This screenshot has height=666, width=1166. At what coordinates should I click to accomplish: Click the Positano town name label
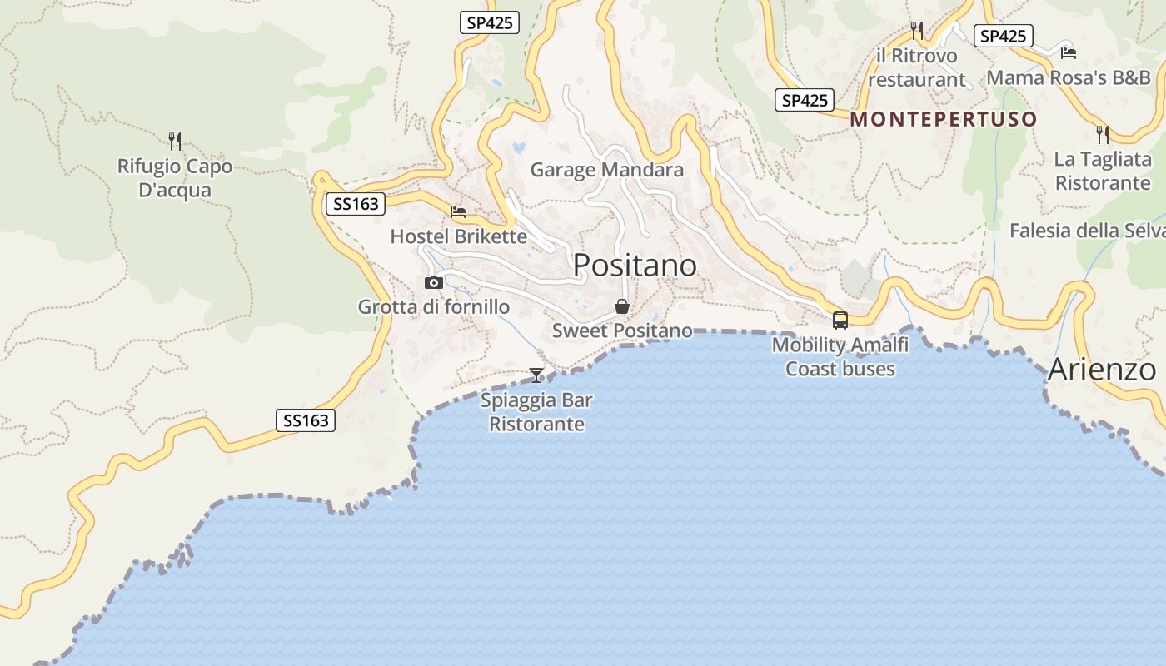pos(635,265)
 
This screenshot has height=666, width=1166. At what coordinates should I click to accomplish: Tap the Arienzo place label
pos(1101,370)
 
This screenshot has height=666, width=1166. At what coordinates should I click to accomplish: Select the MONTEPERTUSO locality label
pos(944,119)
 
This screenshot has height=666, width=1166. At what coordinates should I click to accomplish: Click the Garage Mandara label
pos(606,170)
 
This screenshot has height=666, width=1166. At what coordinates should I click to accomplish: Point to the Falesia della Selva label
pos(1086,231)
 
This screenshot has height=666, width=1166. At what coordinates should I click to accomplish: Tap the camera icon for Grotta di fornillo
pos(433,283)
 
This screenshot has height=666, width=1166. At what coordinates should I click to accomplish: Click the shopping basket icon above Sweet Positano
pos(621,307)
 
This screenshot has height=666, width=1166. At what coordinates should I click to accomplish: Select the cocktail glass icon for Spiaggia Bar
pos(536,375)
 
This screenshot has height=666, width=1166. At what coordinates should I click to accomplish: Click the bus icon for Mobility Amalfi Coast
pos(840,321)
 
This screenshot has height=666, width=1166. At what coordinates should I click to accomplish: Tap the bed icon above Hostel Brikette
pos(458,212)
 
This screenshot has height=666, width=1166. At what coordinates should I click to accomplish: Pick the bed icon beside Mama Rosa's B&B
pos(1069,53)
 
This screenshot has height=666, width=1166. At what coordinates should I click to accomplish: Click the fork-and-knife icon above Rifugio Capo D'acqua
pos(174,141)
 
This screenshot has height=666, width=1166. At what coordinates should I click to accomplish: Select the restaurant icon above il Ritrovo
pos(917,31)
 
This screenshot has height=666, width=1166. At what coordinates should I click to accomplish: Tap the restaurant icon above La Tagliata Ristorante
pos(1102,134)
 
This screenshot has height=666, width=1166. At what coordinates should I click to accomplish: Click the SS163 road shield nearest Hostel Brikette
pos(355,204)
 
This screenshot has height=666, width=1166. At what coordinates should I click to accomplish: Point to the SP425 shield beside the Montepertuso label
pos(804,101)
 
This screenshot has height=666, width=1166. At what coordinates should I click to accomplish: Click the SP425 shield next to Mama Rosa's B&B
pos(1003,36)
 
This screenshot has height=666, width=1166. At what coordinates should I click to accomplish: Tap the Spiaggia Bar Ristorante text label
pos(536,412)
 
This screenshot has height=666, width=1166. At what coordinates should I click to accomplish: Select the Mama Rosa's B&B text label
pos(1068,78)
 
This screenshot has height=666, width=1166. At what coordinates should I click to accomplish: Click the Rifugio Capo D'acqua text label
pos(175,178)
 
